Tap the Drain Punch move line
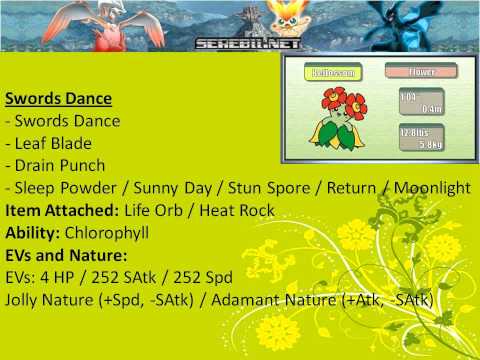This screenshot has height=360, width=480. [x=60, y=165]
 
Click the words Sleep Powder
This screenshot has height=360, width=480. [x=62, y=187]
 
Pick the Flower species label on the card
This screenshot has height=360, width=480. [x=420, y=72]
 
